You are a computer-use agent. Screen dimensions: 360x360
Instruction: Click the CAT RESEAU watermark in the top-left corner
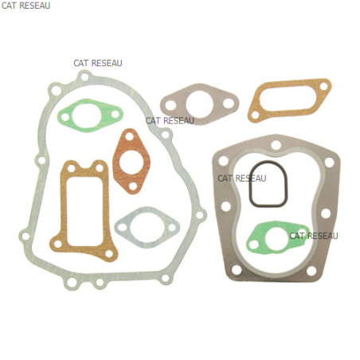[25, 6]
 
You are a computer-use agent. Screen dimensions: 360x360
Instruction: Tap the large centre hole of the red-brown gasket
[131, 161]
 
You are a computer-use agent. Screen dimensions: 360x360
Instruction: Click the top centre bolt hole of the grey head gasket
[276, 145]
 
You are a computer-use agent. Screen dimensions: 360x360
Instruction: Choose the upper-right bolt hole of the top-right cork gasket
[323, 86]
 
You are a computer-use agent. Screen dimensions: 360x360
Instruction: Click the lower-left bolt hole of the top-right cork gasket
[255, 115]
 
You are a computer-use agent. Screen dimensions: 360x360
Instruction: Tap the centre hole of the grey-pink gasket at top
[200, 104]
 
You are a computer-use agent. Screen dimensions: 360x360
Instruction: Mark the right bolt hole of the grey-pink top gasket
[229, 104]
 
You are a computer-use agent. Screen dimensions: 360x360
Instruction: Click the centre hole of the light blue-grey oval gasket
[147, 228]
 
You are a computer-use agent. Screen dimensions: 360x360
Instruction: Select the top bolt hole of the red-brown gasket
[129, 137]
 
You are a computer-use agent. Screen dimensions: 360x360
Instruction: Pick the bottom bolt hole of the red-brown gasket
[133, 186]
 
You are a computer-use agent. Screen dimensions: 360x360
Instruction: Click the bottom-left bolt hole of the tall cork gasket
[58, 244]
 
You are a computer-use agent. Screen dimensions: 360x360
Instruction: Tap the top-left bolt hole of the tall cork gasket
[72, 168]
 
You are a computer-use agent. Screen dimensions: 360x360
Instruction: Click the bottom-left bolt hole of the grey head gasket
[237, 270]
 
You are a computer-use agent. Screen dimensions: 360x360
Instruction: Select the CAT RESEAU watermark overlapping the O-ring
[242, 178]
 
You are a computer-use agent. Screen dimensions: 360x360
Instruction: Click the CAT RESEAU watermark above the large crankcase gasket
[98, 63]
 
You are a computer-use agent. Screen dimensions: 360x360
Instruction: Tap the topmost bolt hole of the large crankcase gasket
[84, 76]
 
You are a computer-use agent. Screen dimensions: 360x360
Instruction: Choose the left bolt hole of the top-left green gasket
[64, 116]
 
